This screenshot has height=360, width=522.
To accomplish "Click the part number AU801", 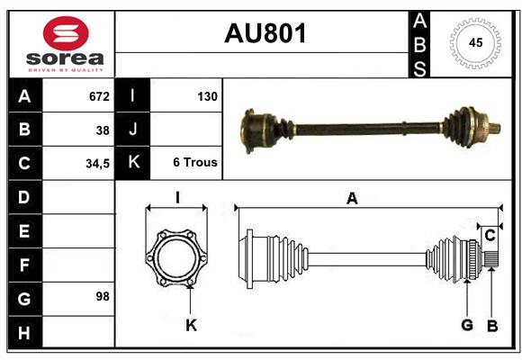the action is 265,33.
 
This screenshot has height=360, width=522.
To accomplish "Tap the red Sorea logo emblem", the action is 66,33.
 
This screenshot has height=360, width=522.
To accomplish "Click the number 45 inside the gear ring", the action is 475,42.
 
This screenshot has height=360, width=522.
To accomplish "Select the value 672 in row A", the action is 99,96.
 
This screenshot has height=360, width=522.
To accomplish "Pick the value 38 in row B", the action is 103,130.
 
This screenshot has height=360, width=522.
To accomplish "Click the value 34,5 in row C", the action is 97,164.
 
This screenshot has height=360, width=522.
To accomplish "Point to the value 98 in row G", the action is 103,296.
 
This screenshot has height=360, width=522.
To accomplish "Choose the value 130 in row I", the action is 207,96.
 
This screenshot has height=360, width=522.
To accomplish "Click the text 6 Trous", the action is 195,162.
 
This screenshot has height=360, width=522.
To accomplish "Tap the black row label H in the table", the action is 24,333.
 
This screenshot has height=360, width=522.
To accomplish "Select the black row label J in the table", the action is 133,129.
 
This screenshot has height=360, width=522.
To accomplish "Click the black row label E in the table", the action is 24,230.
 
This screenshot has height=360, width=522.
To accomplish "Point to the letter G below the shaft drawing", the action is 467,325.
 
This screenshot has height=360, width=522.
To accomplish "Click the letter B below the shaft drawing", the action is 492,326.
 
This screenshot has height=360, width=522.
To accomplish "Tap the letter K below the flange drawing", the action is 192,325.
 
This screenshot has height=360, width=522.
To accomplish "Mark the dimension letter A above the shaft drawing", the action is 352,199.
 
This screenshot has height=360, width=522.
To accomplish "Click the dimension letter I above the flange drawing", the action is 177,197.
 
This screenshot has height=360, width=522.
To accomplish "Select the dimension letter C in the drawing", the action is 490,236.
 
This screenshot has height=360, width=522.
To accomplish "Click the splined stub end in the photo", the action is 495,128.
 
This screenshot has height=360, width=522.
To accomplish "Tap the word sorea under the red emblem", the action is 65,58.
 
